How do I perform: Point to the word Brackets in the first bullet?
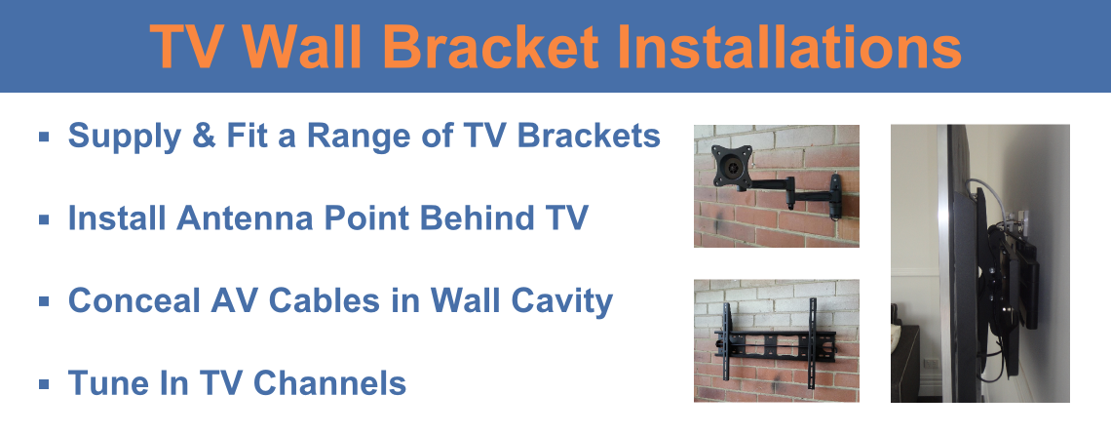(589, 136)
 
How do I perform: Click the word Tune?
(103, 383)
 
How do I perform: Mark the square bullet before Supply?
(45, 137)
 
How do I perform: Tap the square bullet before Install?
(45, 219)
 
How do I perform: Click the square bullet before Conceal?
(45, 301)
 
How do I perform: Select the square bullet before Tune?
(45, 383)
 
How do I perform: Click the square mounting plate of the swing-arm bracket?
(731, 165)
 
